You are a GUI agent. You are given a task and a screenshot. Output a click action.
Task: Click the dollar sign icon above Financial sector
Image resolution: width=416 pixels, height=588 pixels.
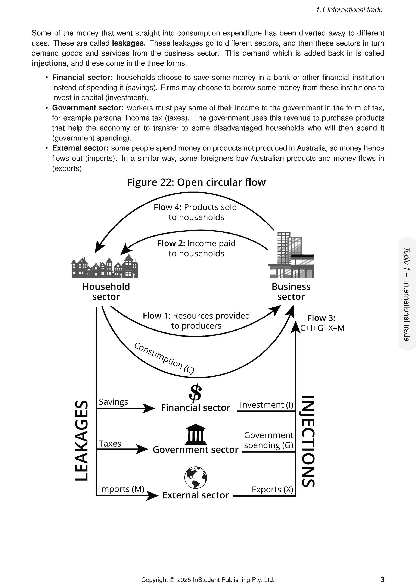(195, 393)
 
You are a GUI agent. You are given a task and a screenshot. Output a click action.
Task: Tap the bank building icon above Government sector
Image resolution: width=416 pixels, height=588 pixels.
(195, 435)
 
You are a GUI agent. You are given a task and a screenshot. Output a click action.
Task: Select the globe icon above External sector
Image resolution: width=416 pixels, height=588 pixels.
(195, 477)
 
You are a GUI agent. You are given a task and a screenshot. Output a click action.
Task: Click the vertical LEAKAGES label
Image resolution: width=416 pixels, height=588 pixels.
(82, 441)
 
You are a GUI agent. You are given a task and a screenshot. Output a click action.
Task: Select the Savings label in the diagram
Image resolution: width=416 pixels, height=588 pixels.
(113, 402)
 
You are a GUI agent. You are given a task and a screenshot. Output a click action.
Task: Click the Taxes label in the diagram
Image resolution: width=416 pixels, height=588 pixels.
(110, 444)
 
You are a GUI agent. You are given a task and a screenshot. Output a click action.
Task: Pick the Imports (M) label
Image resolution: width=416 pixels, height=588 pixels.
(121, 489)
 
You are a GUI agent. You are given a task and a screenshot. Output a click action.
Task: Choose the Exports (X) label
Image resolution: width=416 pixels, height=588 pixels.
(272, 490)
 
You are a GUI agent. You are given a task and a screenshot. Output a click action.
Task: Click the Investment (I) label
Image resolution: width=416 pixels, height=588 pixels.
(266, 405)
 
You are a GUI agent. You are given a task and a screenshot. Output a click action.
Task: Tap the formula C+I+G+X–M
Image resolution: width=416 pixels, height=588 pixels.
(322, 328)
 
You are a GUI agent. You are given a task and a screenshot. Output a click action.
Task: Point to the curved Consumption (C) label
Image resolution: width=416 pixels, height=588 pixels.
(164, 358)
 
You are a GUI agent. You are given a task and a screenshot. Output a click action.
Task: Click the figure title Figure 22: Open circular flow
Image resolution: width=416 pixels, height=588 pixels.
(196, 182)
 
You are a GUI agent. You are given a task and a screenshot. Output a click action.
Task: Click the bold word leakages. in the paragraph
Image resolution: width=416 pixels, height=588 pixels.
(129, 43)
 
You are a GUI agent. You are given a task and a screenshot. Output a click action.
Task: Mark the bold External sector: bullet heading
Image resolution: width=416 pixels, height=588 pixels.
(80, 148)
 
